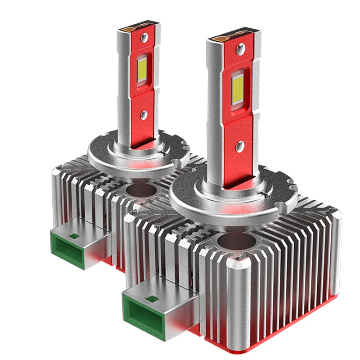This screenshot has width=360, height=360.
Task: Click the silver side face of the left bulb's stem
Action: pyautogui.click(x=125, y=90)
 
